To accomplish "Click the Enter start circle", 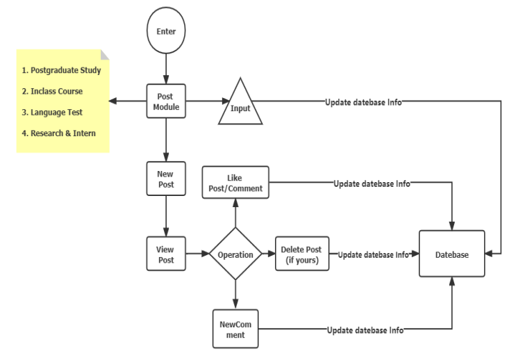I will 166,32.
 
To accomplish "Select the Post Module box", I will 166,101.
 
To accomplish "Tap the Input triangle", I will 240,105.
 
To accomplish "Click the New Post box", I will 166,179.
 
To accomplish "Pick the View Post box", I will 166,254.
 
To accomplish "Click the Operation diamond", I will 235,254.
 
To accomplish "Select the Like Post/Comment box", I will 235,183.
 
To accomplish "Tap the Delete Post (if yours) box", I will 302,254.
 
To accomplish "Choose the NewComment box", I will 235,329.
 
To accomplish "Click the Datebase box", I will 451,254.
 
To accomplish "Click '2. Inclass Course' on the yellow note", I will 52,91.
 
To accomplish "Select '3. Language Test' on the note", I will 52,112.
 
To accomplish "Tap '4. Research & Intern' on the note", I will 58,133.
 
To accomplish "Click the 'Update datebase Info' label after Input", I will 362,102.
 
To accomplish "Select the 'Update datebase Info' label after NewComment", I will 365,329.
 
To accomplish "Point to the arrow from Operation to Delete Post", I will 268,254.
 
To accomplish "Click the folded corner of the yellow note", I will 104,55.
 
